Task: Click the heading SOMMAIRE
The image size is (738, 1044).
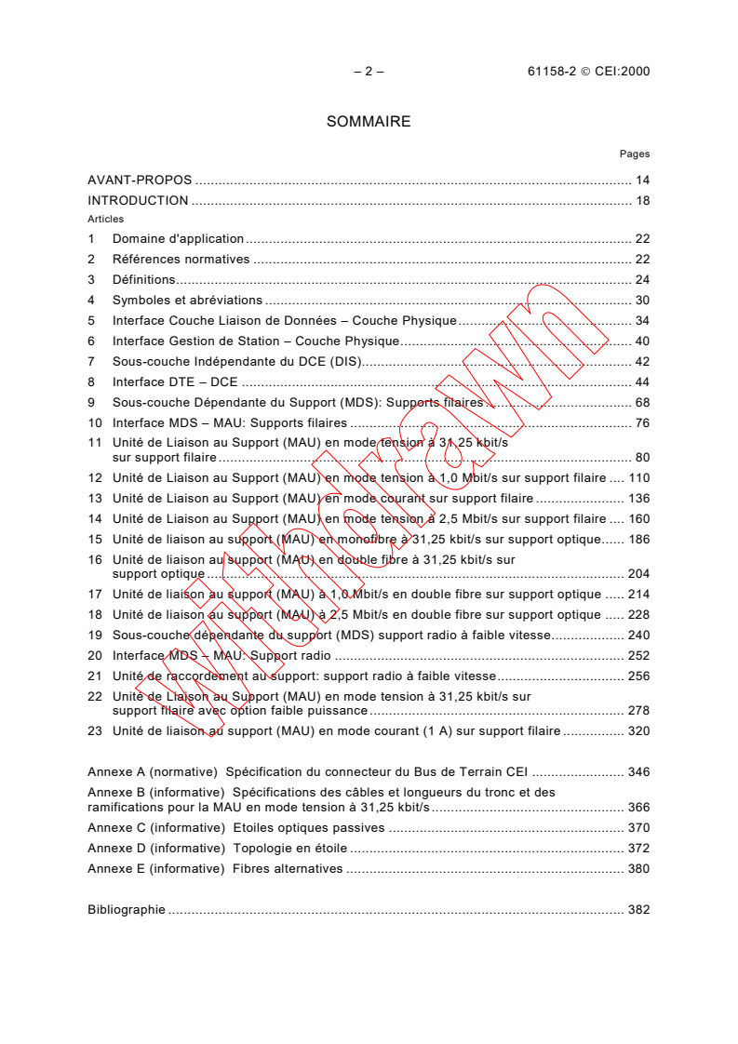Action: coord(369,122)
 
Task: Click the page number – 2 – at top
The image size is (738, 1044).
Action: coord(369,71)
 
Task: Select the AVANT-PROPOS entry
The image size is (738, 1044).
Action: coord(140,181)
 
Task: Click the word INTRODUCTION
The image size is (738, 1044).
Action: coord(138,201)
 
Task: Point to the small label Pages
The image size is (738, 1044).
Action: coord(635,154)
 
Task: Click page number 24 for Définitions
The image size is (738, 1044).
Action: coord(642,280)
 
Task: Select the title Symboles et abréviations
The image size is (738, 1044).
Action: coord(187,301)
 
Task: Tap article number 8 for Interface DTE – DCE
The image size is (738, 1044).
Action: coord(91,382)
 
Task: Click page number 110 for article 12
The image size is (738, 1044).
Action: coord(638,478)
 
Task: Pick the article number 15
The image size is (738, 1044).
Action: coord(94,540)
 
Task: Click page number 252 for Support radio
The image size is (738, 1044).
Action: coord(638,656)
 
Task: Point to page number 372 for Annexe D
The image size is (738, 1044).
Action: coord(638,849)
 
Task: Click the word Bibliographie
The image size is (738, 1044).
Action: coord(127,910)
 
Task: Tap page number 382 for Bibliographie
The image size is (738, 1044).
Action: coord(638,910)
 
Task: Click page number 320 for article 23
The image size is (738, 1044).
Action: coord(638,731)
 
